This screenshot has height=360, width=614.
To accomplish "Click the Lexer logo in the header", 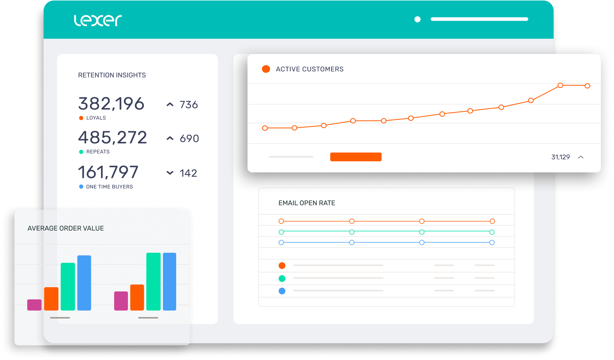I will pyautogui.click(x=98, y=20).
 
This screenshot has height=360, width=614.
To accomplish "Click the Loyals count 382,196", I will pyautogui.click(x=111, y=104).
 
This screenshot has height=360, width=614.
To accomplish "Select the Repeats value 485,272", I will pyautogui.click(x=112, y=138).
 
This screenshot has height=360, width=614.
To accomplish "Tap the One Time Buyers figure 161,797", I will pyautogui.click(x=108, y=172).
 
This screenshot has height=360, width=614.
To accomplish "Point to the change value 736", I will pyautogui.click(x=189, y=105).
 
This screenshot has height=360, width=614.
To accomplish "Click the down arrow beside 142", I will pyautogui.click(x=170, y=173).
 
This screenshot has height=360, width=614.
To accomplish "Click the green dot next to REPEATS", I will pyautogui.click(x=81, y=152).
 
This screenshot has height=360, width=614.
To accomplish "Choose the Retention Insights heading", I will pyautogui.click(x=112, y=75).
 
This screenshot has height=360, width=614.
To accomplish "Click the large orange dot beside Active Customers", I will pyautogui.click(x=266, y=69).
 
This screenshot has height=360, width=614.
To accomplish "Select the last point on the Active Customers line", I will pyautogui.click(x=587, y=86).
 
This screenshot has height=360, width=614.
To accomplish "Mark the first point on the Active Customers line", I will pyautogui.click(x=265, y=128).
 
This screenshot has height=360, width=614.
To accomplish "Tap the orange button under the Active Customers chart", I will pyautogui.click(x=356, y=157).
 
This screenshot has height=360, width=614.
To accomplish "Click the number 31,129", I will pyautogui.click(x=560, y=157).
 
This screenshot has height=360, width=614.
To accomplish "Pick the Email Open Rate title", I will pyautogui.click(x=306, y=203).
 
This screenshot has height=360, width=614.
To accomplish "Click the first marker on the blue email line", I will pyautogui.click(x=281, y=243).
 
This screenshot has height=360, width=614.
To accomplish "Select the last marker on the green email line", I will pyautogui.click(x=492, y=232).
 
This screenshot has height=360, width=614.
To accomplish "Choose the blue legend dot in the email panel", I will pyautogui.click(x=282, y=291).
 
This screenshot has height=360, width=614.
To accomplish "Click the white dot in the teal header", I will pyautogui.click(x=418, y=19).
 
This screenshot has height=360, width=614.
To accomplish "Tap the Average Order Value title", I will pyautogui.click(x=65, y=228).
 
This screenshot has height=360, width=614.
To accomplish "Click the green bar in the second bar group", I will pyautogui.click(x=153, y=281).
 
